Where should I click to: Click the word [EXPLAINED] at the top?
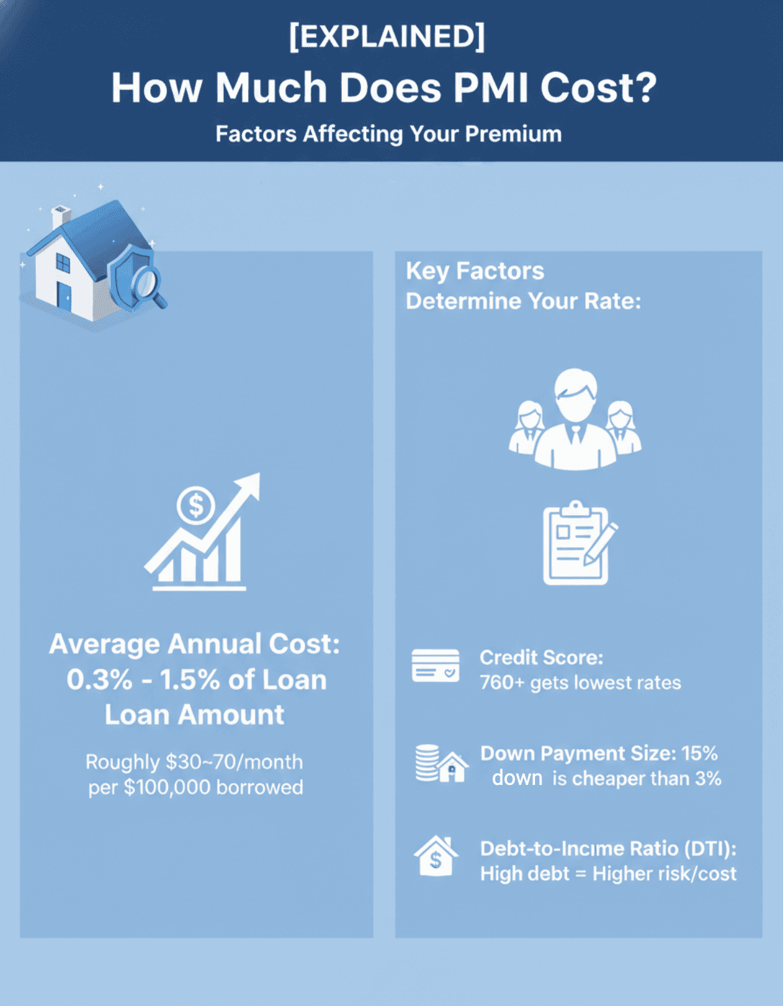[x=388, y=37]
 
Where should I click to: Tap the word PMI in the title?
[x=491, y=87]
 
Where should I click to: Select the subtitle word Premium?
[x=514, y=134]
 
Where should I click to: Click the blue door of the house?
[x=64, y=296]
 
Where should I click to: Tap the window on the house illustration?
[x=63, y=263]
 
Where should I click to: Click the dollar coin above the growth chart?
[x=196, y=505]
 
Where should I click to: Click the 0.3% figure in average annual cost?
[x=100, y=679]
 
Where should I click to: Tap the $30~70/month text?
[x=234, y=762]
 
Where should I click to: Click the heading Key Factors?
[x=475, y=271]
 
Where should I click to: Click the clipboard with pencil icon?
[x=580, y=542]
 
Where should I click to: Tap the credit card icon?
[x=435, y=666]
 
